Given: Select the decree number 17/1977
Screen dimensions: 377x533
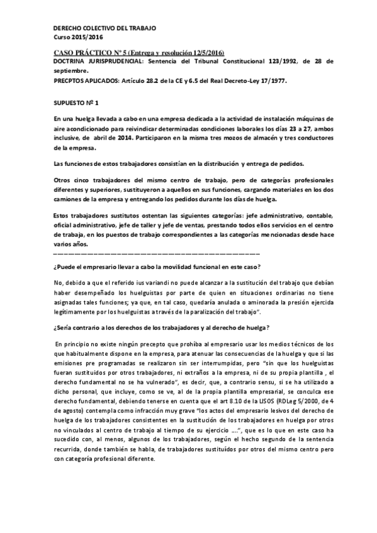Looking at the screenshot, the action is coord(271,81).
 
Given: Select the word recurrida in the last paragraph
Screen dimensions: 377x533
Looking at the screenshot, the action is coord(71,449).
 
